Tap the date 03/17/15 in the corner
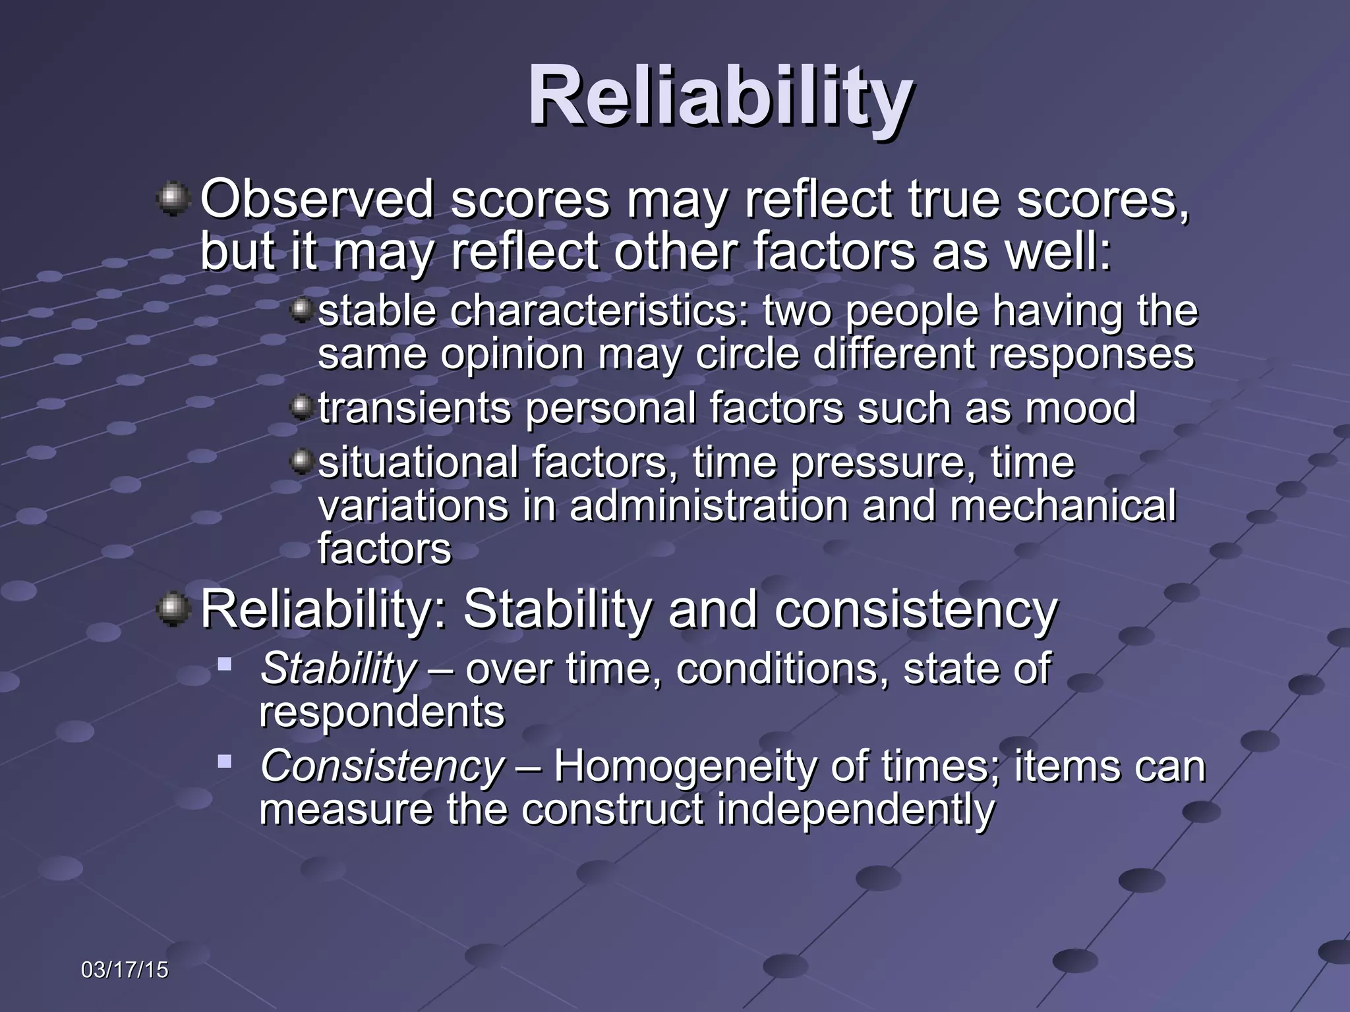125,970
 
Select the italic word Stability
338,669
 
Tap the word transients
415,408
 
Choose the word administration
709,505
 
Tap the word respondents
382,712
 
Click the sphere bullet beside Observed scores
173,199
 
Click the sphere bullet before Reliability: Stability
173,609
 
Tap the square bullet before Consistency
225,762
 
